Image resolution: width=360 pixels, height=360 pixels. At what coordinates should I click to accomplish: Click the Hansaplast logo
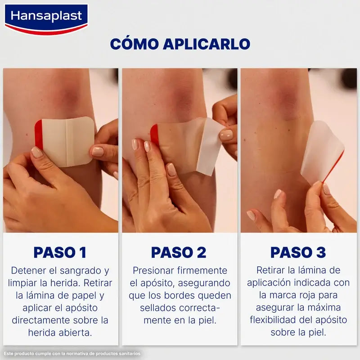(x=46, y=18)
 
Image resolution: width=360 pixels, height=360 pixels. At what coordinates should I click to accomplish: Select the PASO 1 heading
(x=60, y=252)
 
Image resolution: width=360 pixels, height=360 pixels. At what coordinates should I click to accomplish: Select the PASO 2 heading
(x=179, y=252)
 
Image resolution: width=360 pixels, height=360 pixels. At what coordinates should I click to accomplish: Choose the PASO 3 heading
(x=298, y=252)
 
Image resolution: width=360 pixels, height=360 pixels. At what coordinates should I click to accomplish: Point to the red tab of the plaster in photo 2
(x=154, y=134)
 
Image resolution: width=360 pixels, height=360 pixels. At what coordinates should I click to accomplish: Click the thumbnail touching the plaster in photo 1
(x=98, y=152)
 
